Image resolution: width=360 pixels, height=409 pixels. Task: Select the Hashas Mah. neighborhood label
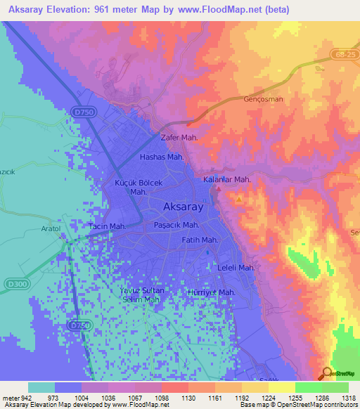pos(162,157)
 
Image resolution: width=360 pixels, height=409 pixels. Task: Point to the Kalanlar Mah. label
pos(227,180)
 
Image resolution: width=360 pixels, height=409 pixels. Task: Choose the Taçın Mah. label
pos(107,226)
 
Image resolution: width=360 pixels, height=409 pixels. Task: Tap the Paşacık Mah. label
pos(176,225)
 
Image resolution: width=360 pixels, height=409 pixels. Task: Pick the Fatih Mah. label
pos(200,240)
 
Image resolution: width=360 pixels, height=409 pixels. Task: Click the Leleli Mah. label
pos(236,268)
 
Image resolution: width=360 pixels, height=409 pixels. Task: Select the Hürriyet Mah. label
pos(211,292)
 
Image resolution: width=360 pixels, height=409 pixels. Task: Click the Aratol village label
pos(51,230)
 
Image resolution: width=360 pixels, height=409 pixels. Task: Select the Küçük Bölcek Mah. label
pos(139,187)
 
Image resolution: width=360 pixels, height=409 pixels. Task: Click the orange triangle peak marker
pos(240,200)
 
